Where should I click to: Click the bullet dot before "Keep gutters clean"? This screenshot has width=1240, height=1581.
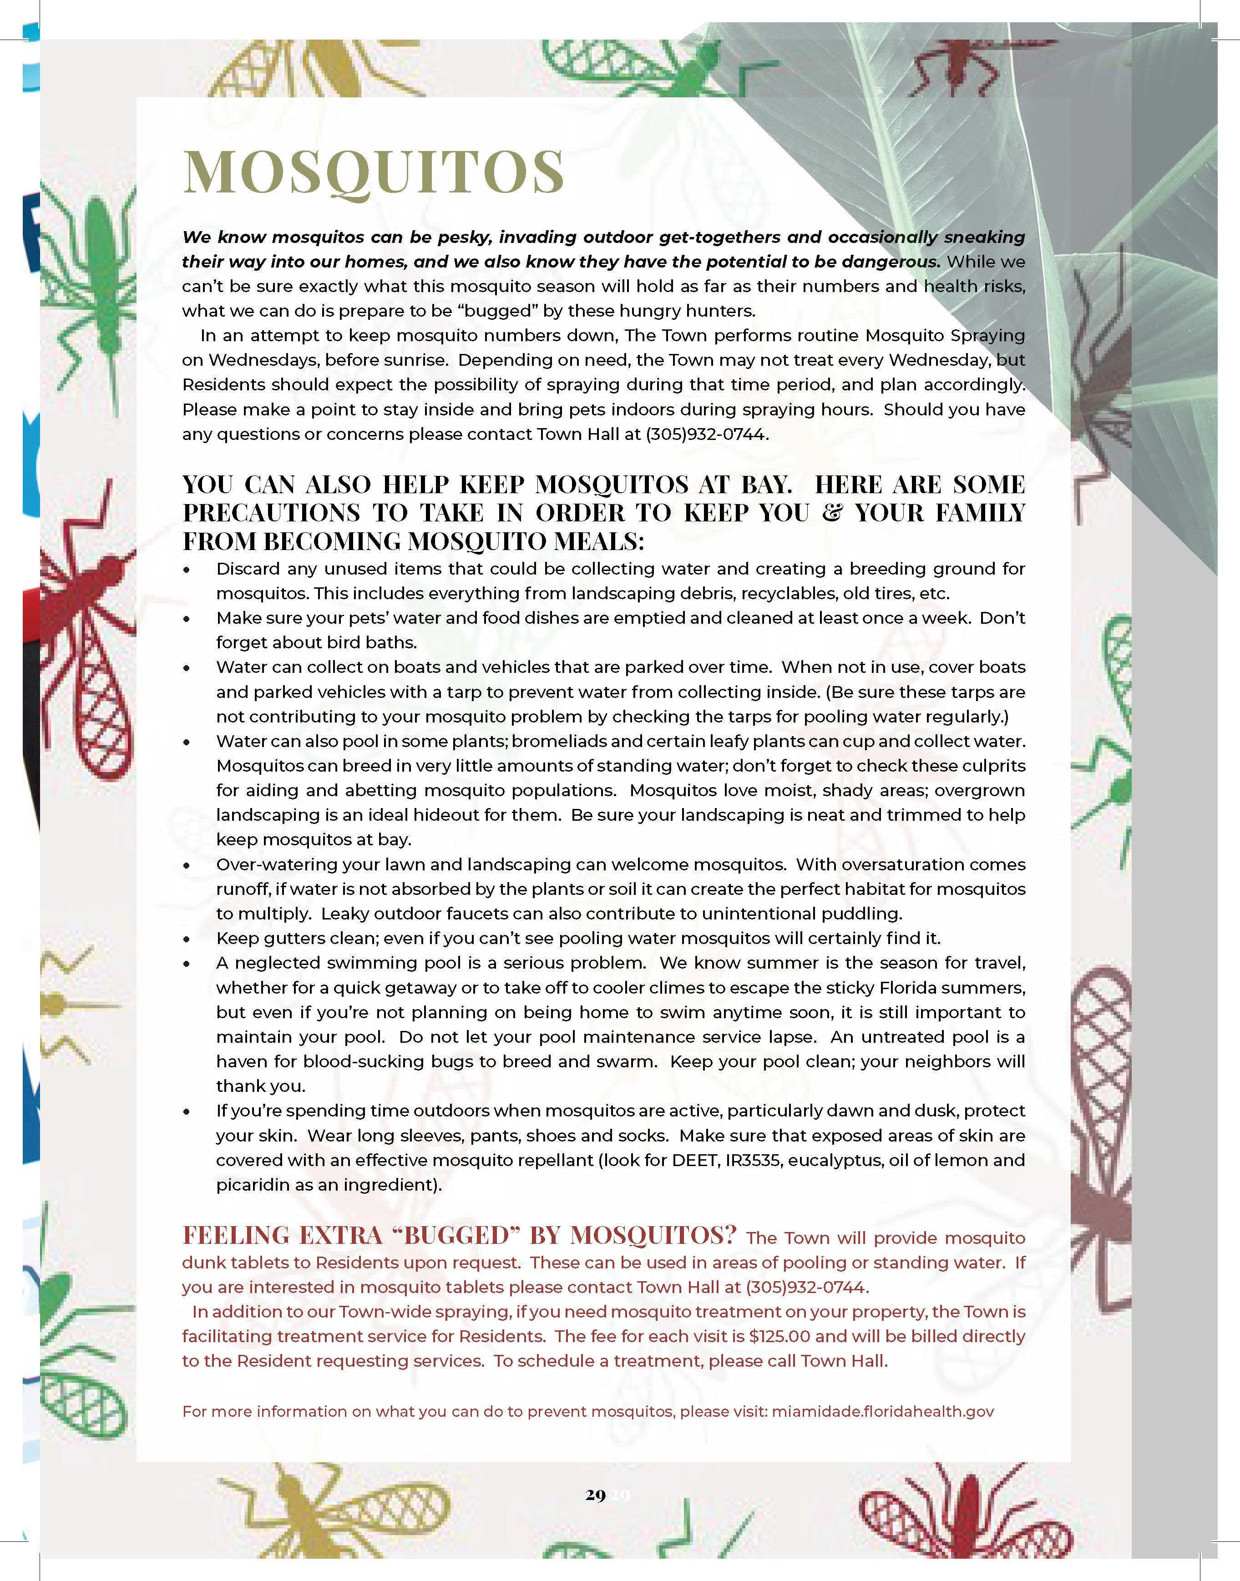187,940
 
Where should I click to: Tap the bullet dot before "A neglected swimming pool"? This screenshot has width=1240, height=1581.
187,964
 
